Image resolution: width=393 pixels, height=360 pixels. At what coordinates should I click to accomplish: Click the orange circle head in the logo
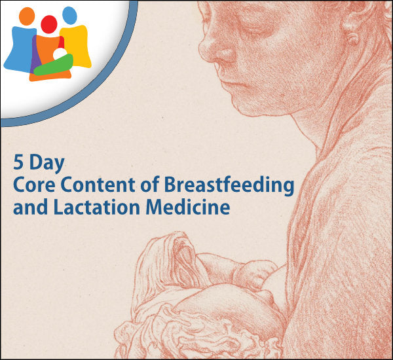pyautogui.click(x=27, y=16)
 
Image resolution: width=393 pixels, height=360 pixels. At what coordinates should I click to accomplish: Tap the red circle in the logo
pyautogui.click(x=49, y=24)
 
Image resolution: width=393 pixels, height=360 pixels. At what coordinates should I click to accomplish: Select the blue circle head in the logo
pyautogui.click(x=69, y=16)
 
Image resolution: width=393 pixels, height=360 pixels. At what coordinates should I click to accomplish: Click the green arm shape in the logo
pyautogui.click(x=54, y=65)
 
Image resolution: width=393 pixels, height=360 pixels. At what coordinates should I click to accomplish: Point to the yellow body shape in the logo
pyautogui.click(x=77, y=46)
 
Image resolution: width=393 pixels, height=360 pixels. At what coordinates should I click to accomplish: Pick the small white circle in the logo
pyautogui.click(x=60, y=54)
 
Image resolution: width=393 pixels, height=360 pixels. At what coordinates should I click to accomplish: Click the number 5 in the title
pyautogui.click(x=18, y=162)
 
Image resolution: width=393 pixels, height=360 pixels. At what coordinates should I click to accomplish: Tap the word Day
pyautogui.click(x=47, y=164)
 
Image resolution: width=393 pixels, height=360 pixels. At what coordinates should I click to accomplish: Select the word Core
pyautogui.click(x=34, y=185)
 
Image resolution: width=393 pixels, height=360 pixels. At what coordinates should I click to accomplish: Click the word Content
pyautogui.click(x=98, y=185)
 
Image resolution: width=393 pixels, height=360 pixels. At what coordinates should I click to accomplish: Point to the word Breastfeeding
pyautogui.click(x=229, y=187)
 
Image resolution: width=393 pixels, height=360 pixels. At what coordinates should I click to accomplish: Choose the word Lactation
pyautogui.click(x=97, y=207)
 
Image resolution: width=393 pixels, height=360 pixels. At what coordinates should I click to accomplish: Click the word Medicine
pyautogui.click(x=188, y=207)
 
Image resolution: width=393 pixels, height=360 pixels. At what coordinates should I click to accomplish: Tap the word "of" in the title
pyautogui.click(x=150, y=184)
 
